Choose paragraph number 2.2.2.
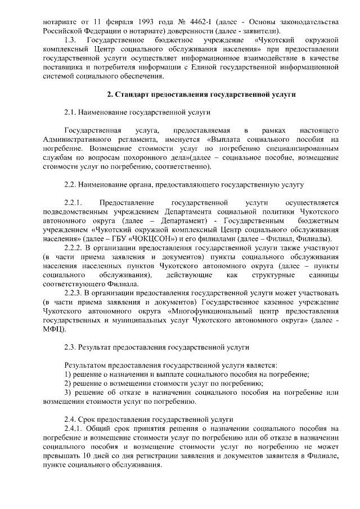coord(75,248)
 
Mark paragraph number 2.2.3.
coord(75,294)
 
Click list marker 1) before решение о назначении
coord(68,374)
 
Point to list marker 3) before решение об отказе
coord(68,393)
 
